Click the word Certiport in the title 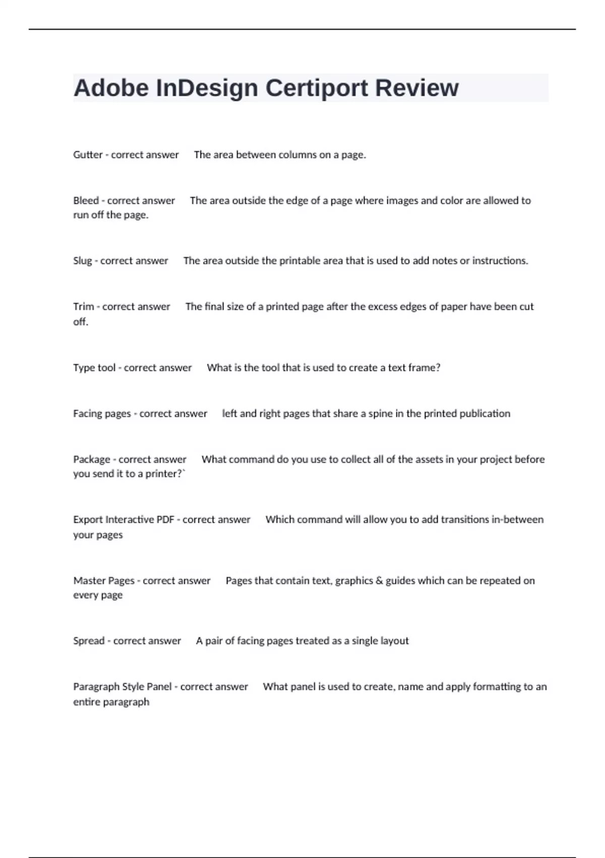(317, 88)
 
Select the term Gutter (88, 155)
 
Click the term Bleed (86, 200)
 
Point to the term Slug (83, 261)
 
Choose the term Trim (83, 306)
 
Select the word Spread (89, 640)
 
